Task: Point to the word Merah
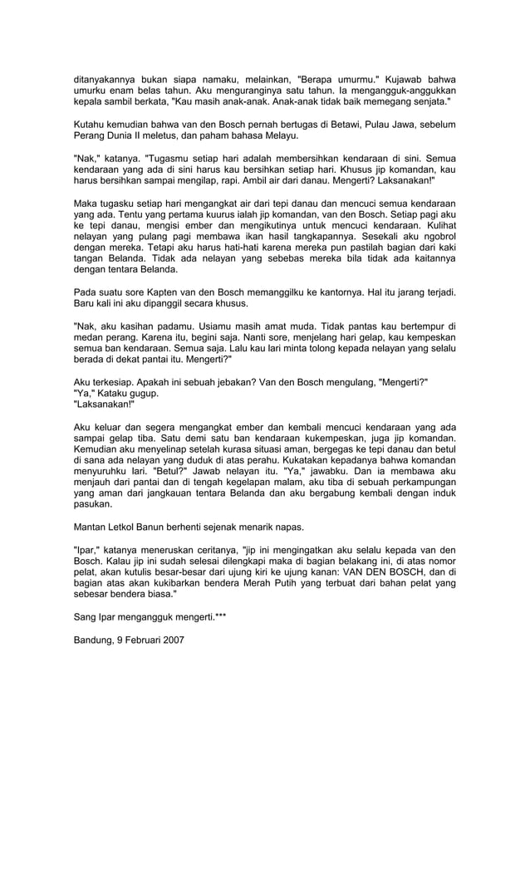tap(258, 584)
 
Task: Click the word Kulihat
tap(437, 225)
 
